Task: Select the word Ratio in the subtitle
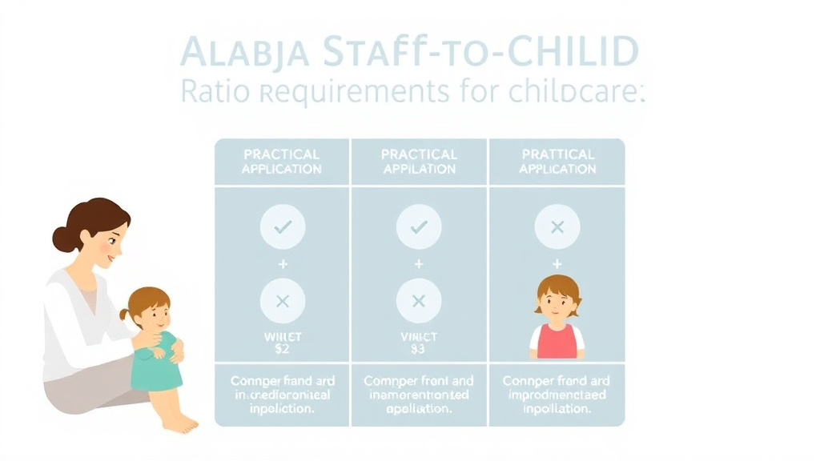(x=211, y=92)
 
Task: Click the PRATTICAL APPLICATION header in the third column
(x=557, y=162)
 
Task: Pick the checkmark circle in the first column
(x=282, y=227)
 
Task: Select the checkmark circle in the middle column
(x=418, y=227)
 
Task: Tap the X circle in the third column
(x=557, y=227)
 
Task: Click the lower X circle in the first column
(x=282, y=301)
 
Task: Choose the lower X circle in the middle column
(x=418, y=301)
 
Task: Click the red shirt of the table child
(x=557, y=340)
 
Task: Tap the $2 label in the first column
(x=282, y=348)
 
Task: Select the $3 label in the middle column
(x=418, y=348)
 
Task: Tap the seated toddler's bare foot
(x=183, y=423)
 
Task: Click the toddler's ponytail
(x=126, y=315)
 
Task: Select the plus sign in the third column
(x=557, y=263)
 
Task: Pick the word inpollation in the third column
(x=556, y=408)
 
